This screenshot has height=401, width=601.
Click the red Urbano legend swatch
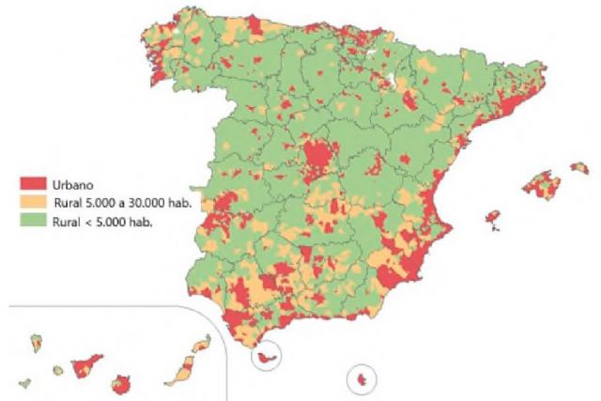33,182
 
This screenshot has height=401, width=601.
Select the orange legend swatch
33,202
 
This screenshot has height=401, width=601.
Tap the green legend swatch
33,222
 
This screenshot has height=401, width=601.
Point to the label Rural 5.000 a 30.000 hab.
122,202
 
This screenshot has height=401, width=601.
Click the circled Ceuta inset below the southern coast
267,358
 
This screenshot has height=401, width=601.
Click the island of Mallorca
541,184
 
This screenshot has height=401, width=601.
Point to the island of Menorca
579,168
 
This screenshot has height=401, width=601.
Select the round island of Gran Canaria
121,383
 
